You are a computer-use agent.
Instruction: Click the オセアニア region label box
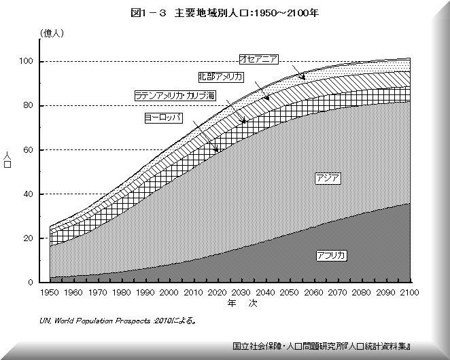click(257, 59)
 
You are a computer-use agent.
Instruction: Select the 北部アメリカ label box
click(220, 77)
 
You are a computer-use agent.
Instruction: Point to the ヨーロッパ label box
click(165, 118)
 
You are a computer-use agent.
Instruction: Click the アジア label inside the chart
click(328, 178)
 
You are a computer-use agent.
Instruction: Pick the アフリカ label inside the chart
click(331, 255)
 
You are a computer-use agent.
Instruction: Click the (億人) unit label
click(52, 33)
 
